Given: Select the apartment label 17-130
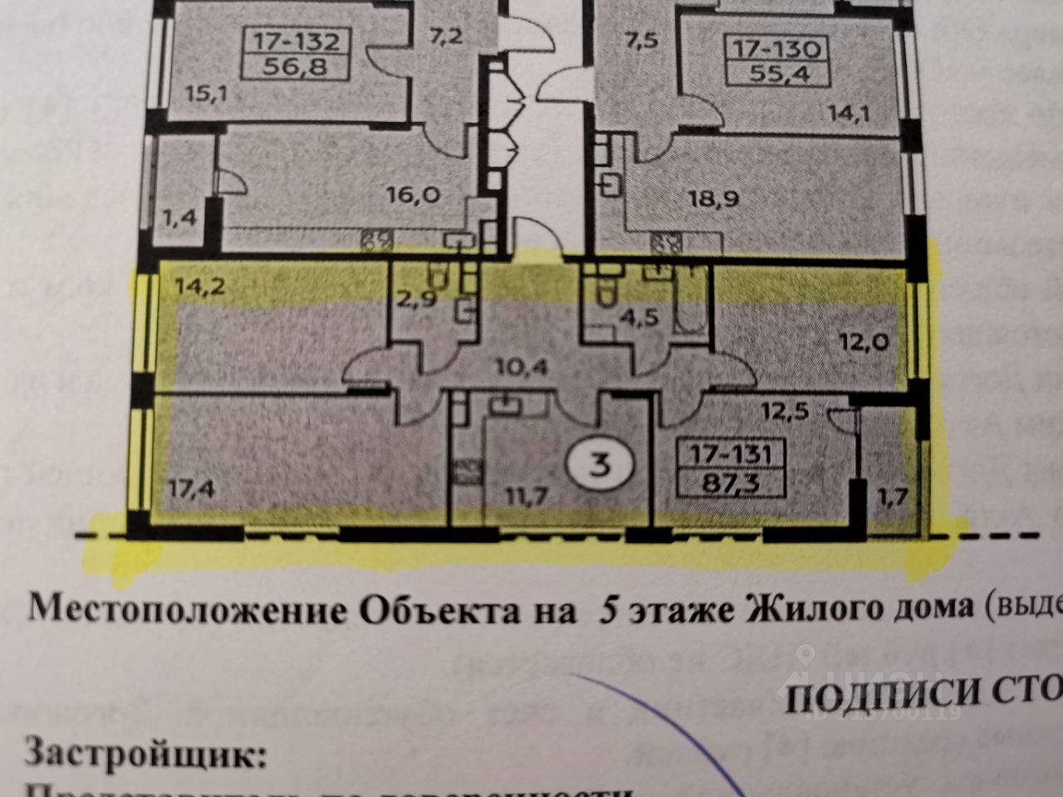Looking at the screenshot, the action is [777, 48].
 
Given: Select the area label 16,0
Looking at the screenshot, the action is [412, 197].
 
